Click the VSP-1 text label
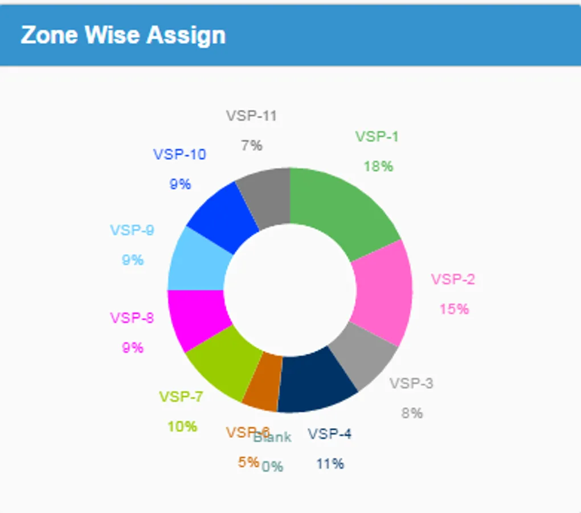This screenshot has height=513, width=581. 377,137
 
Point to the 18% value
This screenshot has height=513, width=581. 378,166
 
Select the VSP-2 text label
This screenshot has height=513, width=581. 453,279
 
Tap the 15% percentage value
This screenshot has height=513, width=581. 454,309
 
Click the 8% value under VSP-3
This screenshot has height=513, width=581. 412,413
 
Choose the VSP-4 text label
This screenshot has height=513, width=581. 330,434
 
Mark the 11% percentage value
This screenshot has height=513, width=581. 330,464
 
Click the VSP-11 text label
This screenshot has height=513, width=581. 251,116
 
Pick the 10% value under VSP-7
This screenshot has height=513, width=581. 182,426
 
